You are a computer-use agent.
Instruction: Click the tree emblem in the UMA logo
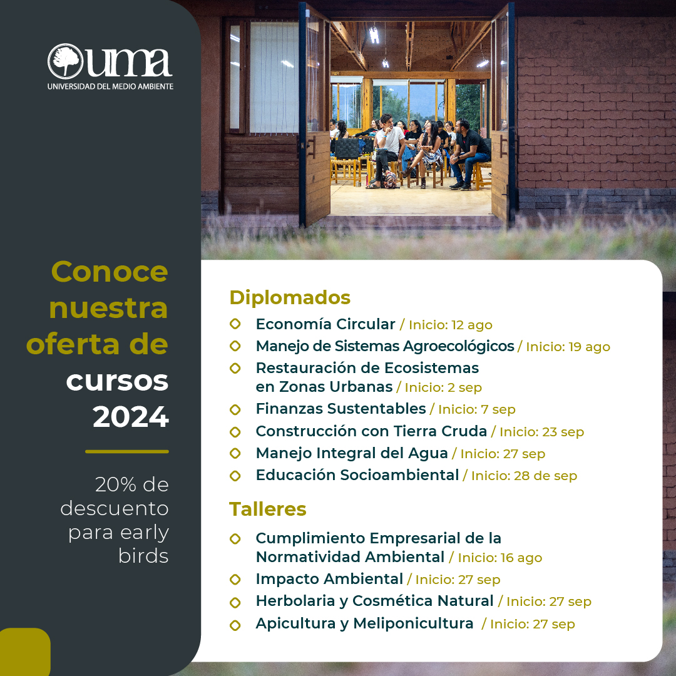point(65,61)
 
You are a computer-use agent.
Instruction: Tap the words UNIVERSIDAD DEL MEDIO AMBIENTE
point(110,86)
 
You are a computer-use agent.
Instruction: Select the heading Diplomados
point(290,297)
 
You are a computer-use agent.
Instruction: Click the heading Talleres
point(268,509)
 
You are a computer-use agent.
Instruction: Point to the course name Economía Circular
point(325,324)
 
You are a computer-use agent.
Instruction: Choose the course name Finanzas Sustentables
point(341,409)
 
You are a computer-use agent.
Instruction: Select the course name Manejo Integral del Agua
point(352,453)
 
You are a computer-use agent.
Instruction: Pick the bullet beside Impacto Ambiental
point(235,580)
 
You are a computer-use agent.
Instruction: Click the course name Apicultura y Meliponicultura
point(364,623)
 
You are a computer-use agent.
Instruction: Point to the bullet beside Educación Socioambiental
point(235,476)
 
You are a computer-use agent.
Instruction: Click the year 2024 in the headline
point(131,417)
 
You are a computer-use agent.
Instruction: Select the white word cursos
point(117,381)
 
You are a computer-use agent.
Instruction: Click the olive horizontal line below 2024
point(127,451)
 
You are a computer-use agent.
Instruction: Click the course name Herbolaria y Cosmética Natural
point(374,601)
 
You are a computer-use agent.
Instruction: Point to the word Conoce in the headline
point(110,272)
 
